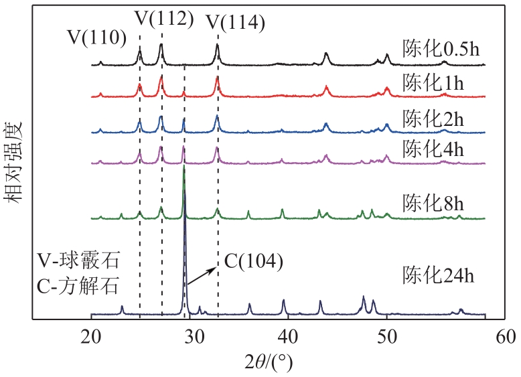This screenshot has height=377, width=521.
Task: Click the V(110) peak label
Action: point(96,37)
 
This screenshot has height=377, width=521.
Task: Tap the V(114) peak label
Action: point(235,23)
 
